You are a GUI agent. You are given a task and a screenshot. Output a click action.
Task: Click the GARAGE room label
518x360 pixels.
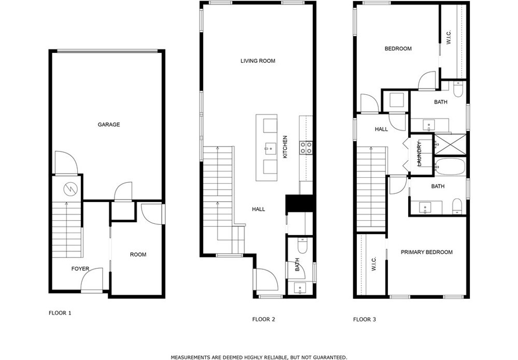[x=109, y=124]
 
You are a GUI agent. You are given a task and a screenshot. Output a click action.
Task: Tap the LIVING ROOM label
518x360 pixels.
[x=257, y=61]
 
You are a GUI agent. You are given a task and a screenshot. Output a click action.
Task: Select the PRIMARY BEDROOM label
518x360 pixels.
[x=426, y=252]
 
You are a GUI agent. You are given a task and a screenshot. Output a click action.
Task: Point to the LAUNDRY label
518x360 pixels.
[x=420, y=153]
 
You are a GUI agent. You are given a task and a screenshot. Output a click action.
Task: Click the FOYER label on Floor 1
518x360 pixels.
[x=80, y=269]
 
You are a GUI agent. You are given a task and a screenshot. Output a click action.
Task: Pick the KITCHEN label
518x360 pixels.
[x=285, y=147]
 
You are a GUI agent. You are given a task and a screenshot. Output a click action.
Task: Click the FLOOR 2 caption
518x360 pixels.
[x=264, y=320]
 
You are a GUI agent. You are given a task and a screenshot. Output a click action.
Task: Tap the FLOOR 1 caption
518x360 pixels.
[x=60, y=313]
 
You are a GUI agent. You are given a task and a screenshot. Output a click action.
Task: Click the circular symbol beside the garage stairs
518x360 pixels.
[x=70, y=189]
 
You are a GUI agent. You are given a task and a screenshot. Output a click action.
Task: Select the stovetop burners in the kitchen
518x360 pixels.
[x=306, y=148]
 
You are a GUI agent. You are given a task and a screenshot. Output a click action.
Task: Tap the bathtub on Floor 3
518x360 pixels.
[x=450, y=166]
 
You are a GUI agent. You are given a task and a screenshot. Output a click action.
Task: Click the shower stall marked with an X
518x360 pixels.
[x=450, y=145]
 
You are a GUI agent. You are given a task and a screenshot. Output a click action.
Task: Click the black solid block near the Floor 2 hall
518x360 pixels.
[x=299, y=203]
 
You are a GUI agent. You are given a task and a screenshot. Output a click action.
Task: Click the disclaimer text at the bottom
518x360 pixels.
[x=259, y=357]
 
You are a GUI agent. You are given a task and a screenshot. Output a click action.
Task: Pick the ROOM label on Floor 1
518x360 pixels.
[x=138, y=255]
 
